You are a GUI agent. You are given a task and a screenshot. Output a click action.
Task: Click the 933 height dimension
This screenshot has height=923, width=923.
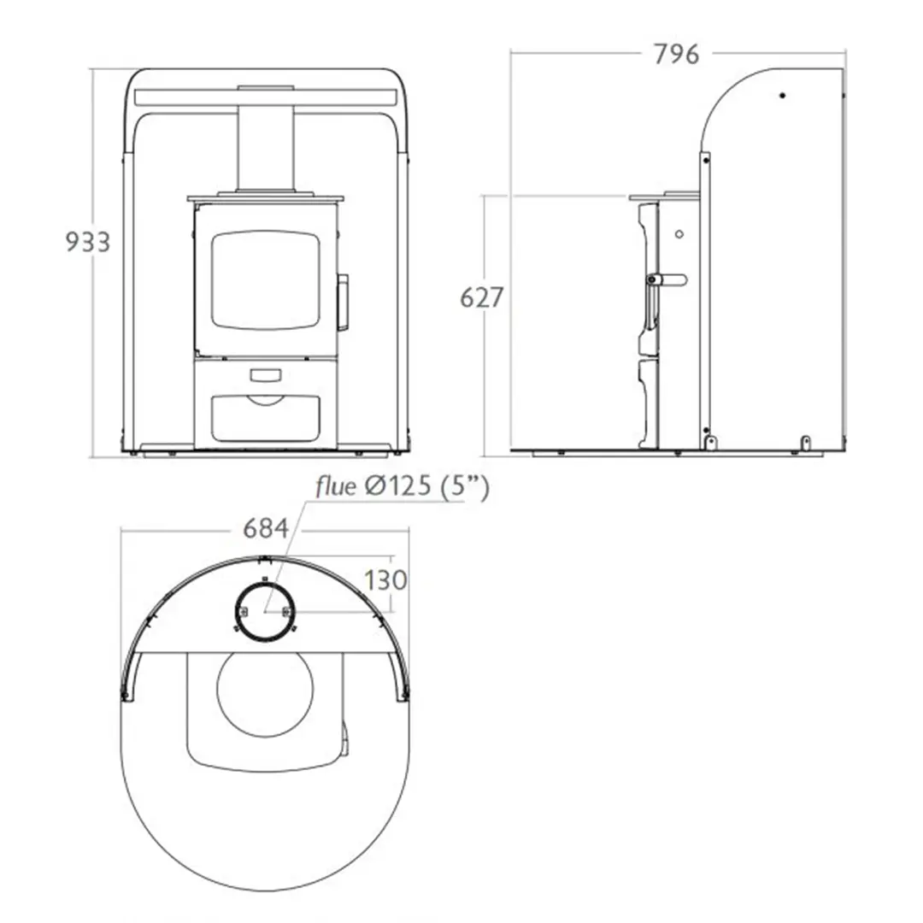pyautogui.click(x=87, y=242)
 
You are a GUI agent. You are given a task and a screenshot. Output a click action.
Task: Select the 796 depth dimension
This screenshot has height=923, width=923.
pyautogui.click(x=676, y=54)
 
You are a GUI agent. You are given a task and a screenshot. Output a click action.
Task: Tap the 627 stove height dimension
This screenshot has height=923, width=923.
pyautogui.click(x=481, y=297)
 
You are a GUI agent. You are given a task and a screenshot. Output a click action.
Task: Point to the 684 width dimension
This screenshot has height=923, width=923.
pyautogui.click(x=266, y=528)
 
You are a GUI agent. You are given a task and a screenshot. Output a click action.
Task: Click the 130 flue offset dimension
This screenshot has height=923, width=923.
pyautogui.click(x=385, y=580)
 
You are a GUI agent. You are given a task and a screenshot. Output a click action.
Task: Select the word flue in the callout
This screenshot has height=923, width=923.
pyautogui.click(x=336, y=486)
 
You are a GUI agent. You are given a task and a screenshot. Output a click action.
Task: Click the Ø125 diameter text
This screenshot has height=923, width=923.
pyautogui.click(x=399, y=487)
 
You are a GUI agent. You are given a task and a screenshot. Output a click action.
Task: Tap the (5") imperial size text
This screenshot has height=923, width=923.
pyautogui.click(x=465, y=487)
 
